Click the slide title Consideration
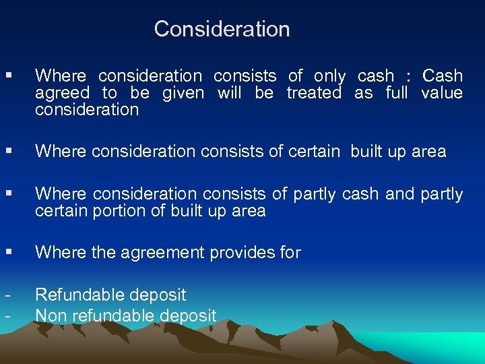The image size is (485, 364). click(x=222, y=29)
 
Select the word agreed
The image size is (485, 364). click(x=62, y=93)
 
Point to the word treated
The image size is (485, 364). click(x=314, y=93)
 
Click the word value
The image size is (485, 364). click(x=442, y=93)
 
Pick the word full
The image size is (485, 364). click(x=397, y=93)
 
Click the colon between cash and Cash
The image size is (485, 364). click(x=409, y=77)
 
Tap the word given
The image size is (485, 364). click(x=183, y=93)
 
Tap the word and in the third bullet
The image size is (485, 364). click(x=400, y=194)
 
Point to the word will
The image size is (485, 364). click(x=229, y=93)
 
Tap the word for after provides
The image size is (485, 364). click(x=290, y=253)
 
